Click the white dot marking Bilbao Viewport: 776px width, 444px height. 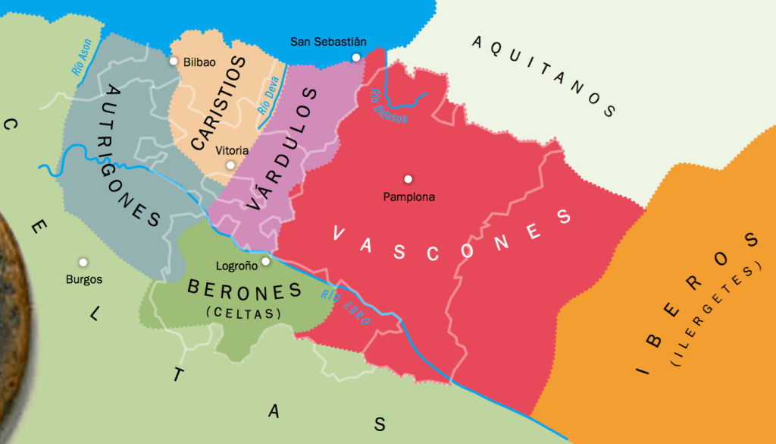(174, 61)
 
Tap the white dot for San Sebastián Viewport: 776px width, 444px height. (355, 57)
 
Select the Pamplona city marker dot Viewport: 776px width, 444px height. (408, 179)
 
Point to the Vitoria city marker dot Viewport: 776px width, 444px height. (230, 165)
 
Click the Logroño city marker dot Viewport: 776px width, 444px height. (265, 261)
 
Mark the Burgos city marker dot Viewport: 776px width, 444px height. (83, 263)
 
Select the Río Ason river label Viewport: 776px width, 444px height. (82, 56)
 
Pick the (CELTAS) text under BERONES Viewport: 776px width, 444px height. (242, 313)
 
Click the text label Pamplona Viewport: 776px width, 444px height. (408, 197)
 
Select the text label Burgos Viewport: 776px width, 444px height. (83, 279)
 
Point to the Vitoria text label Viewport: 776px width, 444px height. (232, 150)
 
